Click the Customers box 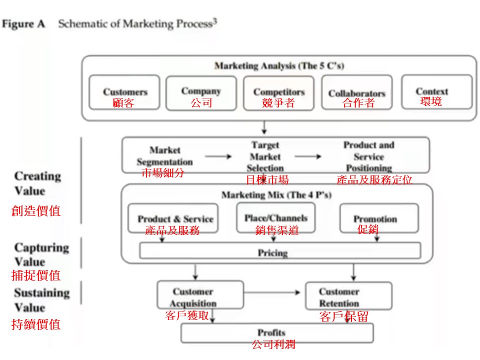click(124, 92)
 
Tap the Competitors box click(278, 92)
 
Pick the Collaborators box click(356, 92)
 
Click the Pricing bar click(280, 252)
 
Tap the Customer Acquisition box click(200, 295)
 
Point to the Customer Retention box click(348, 296)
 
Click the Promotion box click(378, 218)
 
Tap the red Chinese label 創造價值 click(36, 211)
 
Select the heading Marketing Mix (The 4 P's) click(277, 194)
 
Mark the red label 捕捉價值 click(36, 275)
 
